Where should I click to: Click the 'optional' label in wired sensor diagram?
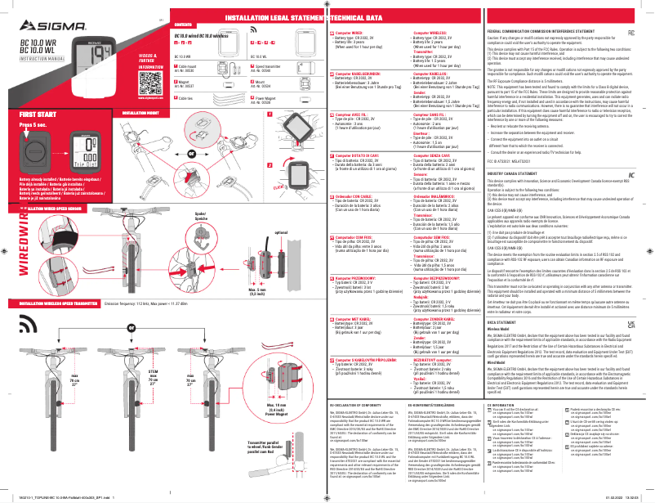(x=283, y=233)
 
